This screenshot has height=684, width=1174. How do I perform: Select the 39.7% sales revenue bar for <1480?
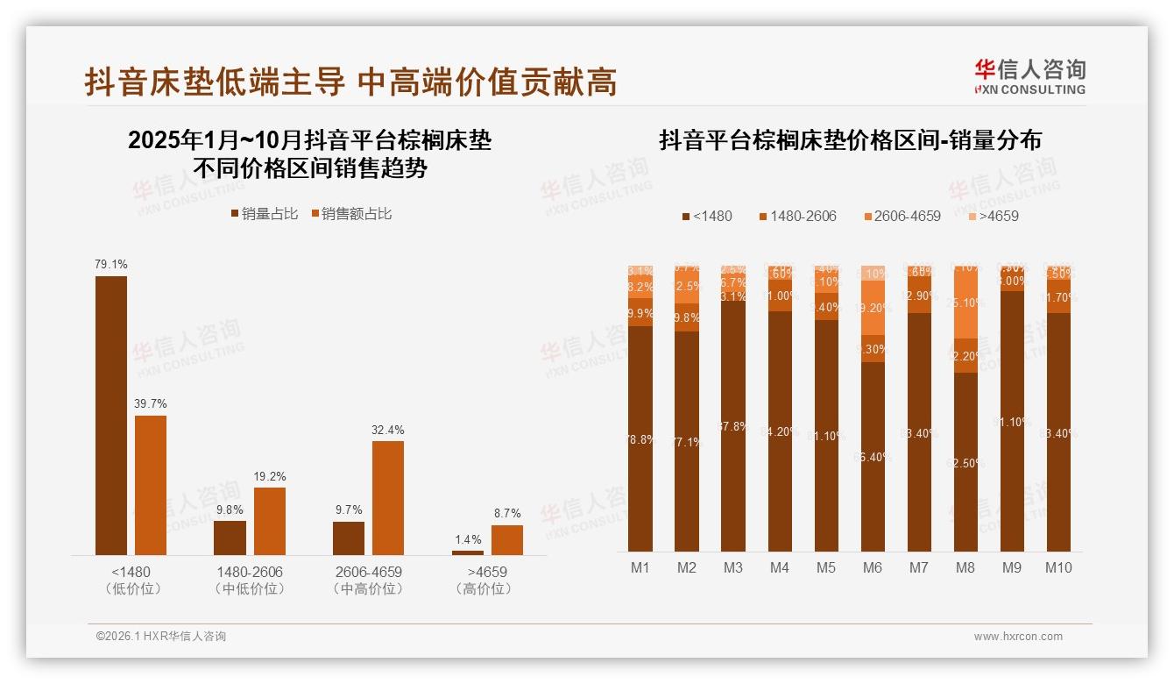(151, 485)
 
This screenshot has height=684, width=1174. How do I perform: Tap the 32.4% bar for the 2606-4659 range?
(388, 497)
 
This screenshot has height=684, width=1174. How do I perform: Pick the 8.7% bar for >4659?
(506, 539)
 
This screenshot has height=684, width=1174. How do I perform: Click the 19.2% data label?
(269, 476)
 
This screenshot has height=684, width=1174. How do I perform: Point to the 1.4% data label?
(467, 539)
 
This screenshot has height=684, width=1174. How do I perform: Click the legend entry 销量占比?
(264, 213)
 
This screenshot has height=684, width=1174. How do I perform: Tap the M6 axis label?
(872, 567)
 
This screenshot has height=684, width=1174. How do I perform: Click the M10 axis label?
(1057, 567)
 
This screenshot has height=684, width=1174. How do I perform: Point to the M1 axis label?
(640, 567)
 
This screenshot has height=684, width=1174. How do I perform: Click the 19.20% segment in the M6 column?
(873, 308)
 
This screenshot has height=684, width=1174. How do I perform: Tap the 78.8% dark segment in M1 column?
(640, 438)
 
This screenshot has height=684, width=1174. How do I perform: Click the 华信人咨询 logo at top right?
(1029, 76)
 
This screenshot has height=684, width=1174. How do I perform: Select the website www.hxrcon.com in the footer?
(1018, 637)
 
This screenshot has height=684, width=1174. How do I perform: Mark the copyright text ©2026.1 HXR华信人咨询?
(160, 637)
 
